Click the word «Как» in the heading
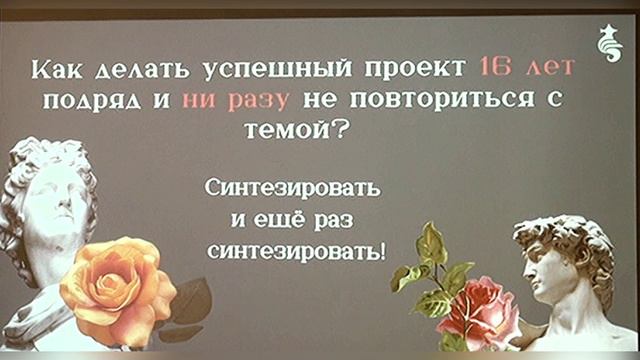(x=59, y=71)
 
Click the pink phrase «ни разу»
(x=232, y=100)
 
